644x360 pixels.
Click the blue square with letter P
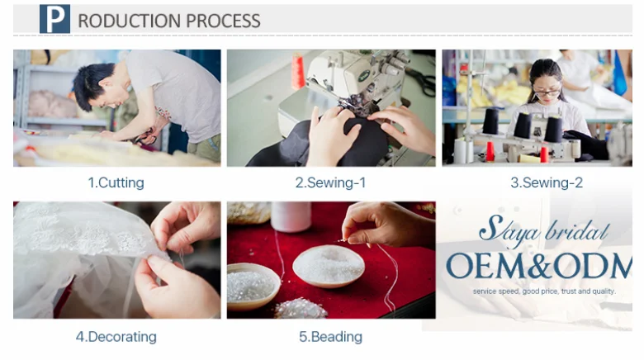pos(54,19)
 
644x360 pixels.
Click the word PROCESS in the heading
pos(223,21)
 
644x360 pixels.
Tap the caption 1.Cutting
pos(116,182)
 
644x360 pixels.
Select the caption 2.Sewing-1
pos(330,182)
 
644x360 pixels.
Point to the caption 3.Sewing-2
pos(547,182)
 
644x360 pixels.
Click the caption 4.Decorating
pos(116,337)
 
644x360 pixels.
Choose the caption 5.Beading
pos(330,337)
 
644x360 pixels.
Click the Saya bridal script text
pos(544,231)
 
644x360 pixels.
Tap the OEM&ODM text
pos(539,266)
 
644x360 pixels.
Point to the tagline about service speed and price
pos(544,291)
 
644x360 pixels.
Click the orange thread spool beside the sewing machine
pos(298,72)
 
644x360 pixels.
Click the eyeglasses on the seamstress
pos(547,92)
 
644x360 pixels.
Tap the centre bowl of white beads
pos(328,266)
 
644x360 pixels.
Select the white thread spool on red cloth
pos(291,216)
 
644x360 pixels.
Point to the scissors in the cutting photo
pos(147,137)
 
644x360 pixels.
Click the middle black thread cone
pos(523,125)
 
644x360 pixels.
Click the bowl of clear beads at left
pos(252,285)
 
